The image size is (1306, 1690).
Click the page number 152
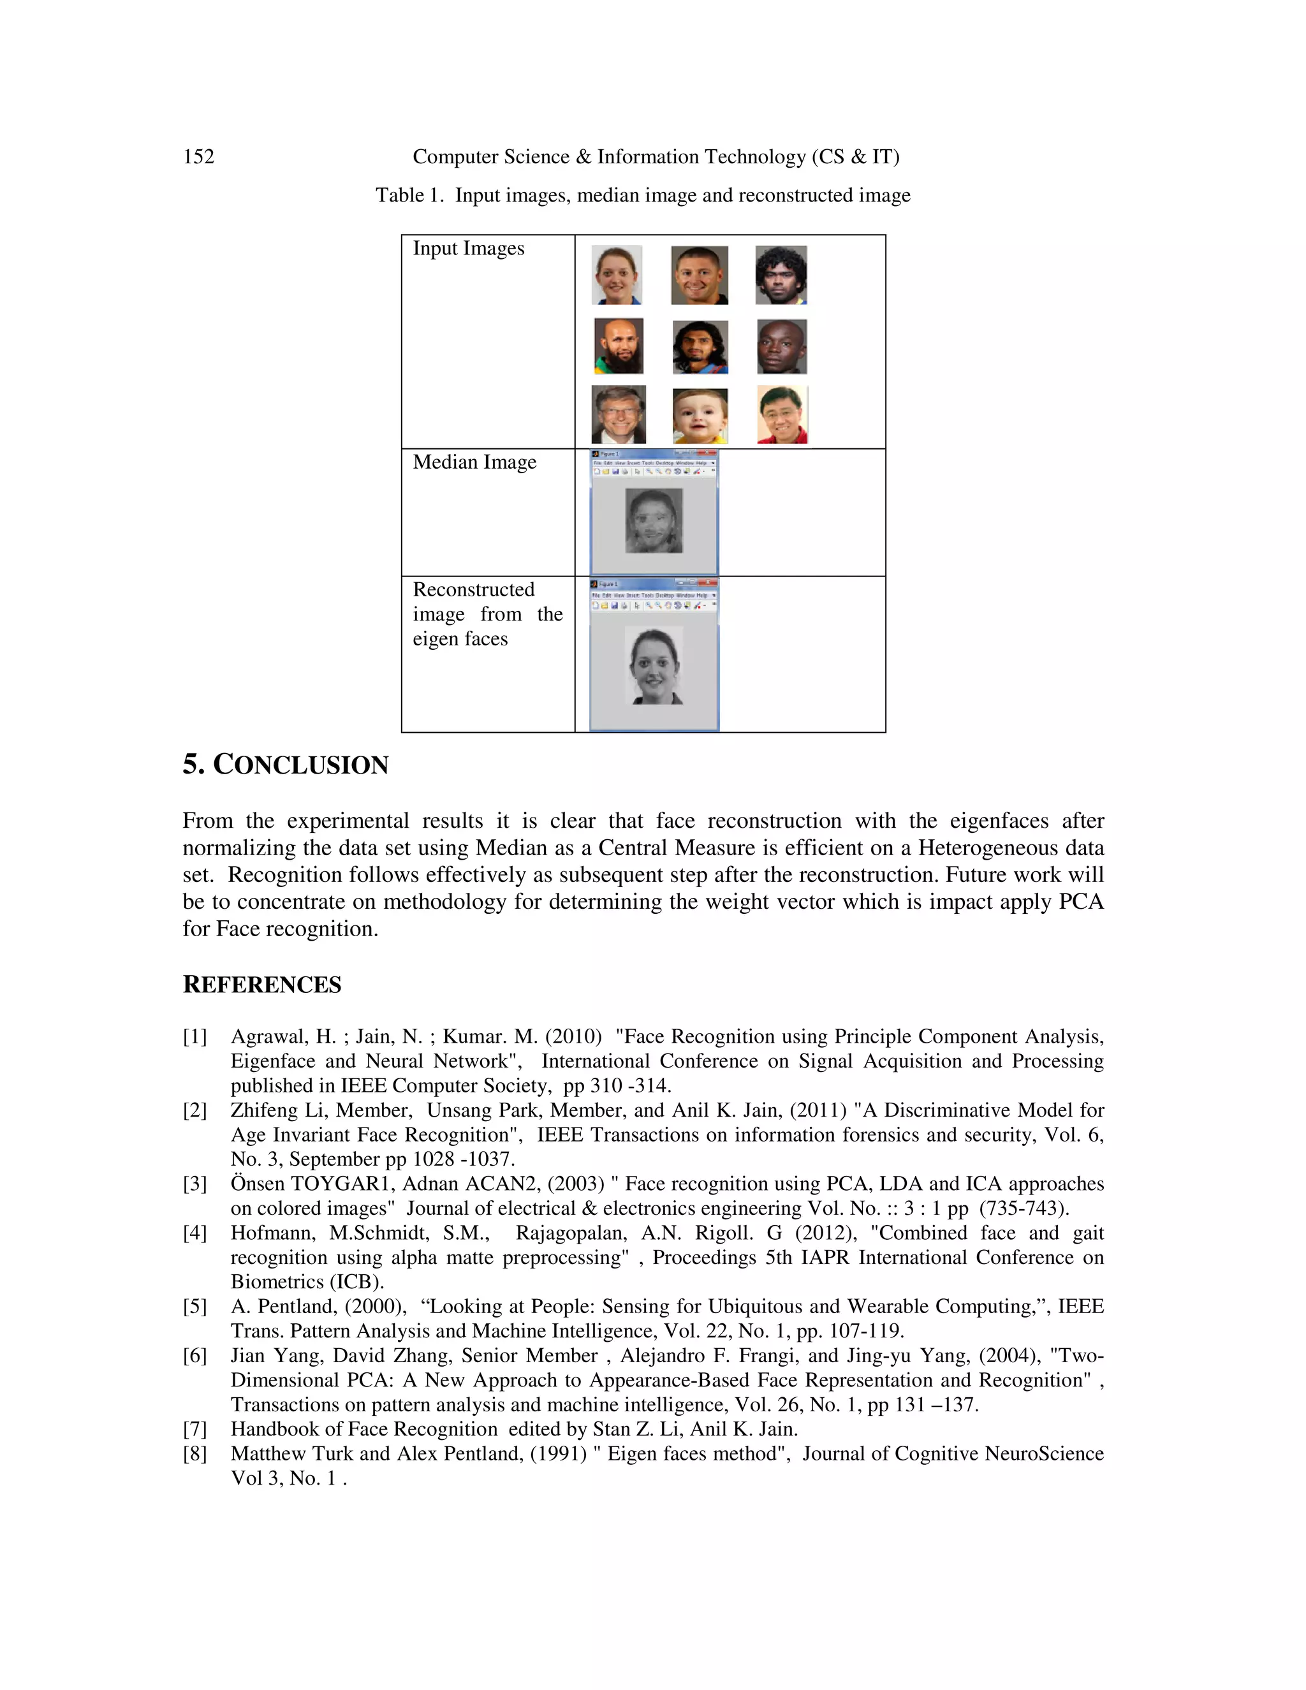[198, 157]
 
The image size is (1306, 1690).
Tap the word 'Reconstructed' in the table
[474, 590]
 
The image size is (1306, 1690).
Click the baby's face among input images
[700, 416]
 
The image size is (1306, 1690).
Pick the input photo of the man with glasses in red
[782, 415]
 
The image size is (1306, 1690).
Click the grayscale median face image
[654, 520]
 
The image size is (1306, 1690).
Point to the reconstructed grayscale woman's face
[654, 665]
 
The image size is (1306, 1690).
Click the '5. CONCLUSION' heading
[286, 765]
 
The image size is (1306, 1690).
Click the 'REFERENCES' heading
[261, 985]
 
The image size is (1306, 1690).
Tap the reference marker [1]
[195, 1037]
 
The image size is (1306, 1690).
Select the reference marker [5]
[195, 1307]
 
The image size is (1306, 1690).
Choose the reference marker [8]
[195, 1454]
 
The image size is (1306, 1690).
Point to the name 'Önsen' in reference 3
[258, 1184]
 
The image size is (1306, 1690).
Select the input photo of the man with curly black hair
[781, 275]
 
